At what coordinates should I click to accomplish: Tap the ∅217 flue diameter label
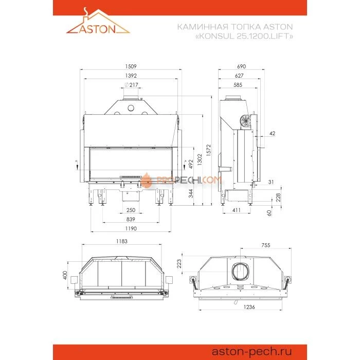pos(132,85)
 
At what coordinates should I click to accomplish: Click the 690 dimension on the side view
pos(242,66)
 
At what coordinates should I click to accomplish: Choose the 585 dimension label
pos(237,85)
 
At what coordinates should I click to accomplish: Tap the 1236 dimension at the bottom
pos(242,307)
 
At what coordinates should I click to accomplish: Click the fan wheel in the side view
pos(246,120)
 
